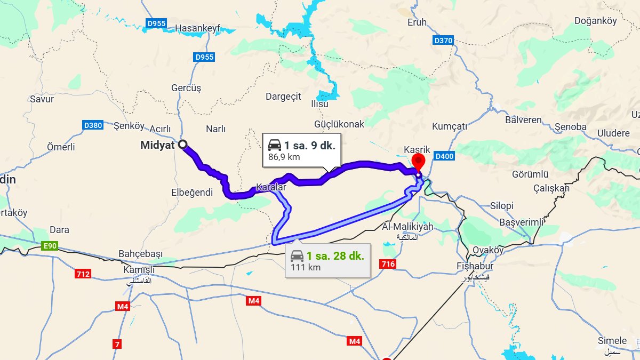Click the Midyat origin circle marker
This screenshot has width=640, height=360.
click(182, 144)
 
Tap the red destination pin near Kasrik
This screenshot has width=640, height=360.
click(418, 161)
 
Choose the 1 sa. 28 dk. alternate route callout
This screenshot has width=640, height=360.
click(327, 260)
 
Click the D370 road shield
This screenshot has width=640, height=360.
click(443, 40)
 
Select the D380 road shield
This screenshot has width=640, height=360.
click(93, 125)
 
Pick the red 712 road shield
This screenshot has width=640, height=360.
click(83, 274)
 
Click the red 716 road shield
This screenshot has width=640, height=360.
click(387, 264)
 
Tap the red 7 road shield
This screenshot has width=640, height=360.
click(116, 345)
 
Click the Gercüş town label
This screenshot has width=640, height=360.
click(186, 88)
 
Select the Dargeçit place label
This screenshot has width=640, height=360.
click(283, 97)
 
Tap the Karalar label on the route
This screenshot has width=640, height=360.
click(271, 187)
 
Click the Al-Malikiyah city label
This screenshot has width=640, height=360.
click(407, 227)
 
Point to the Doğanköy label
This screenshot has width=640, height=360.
click(596, 21)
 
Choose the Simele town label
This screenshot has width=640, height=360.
click(612, 341)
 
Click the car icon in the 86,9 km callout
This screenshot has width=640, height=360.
click(275, 145)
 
